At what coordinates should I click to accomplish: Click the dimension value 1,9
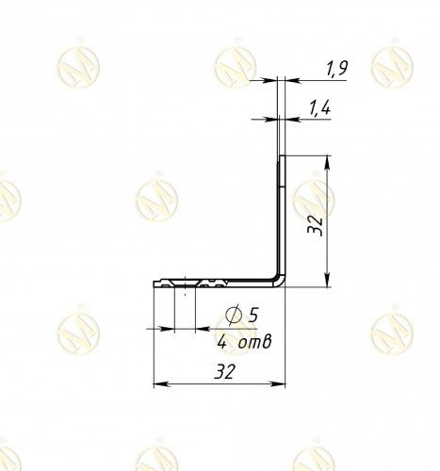336,69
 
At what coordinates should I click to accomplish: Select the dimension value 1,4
319,108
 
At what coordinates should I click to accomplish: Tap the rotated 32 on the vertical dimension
315,225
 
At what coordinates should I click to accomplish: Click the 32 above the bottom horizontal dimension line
225,371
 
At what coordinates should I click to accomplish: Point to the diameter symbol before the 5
234,315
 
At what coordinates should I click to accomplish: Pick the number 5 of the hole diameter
253,315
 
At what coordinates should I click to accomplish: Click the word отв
254,342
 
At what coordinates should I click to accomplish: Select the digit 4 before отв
221,341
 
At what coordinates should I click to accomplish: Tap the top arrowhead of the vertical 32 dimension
327,163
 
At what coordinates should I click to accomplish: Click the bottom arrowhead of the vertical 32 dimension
327,280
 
